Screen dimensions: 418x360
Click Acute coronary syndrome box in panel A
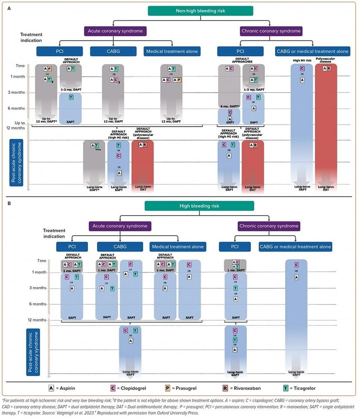(115, 31)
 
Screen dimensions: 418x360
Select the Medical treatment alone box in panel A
(171, 51)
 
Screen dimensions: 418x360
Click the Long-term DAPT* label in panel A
(94, 188)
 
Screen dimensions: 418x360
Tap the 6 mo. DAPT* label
(228, 106)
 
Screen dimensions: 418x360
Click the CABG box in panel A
(111, 51)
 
